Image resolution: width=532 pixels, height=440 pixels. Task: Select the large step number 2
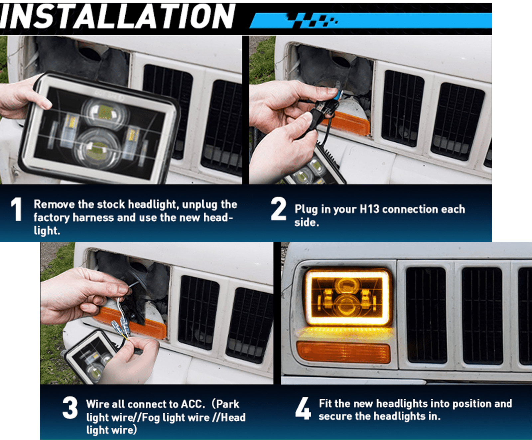(278, 209)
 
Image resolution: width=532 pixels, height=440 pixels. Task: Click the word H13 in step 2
(369, 209)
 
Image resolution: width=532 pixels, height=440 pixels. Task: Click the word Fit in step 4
(326, 403)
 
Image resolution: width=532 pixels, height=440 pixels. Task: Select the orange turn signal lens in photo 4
(343, 352)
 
